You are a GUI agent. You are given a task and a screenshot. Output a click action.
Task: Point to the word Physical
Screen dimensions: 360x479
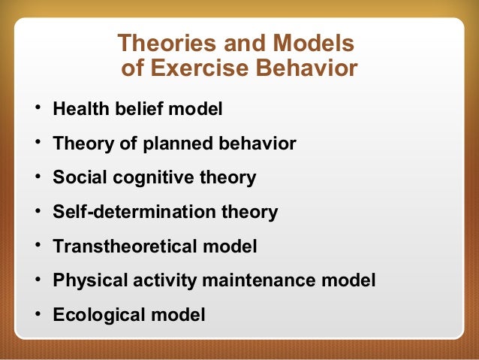[86, 281]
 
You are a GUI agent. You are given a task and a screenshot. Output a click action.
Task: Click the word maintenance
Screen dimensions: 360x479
[267, 281]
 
